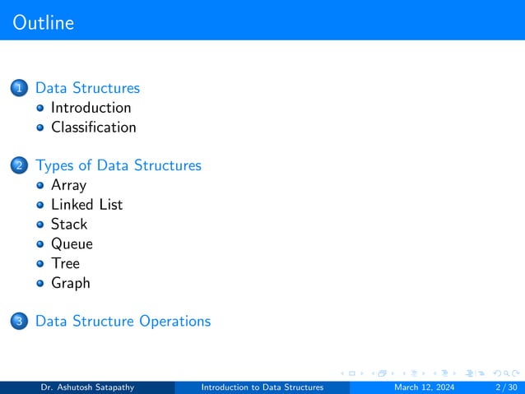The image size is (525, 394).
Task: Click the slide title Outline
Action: tap(44, 22)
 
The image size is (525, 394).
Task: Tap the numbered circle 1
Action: tap(19, 88)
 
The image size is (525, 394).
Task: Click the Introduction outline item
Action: tap(91, 108)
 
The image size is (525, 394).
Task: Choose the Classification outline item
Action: tap(93, 127)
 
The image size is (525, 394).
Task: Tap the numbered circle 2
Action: tap(19, 166)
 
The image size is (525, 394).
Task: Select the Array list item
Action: tap(68, 185)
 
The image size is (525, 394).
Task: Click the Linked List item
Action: tap(86, 204)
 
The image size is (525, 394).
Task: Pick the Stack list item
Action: tap(69, 224)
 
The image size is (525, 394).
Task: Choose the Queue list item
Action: tap(72, 243)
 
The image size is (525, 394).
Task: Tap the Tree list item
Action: tap(65, 263)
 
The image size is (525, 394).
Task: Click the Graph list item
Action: tap(71, 283)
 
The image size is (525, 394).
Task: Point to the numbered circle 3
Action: tap(19, 322)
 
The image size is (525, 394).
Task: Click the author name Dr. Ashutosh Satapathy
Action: tap(88, 387)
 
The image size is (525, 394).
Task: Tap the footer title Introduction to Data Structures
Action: tap(262, 387)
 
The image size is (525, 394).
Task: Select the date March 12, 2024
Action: tap(424, 387)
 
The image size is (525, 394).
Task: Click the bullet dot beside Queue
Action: tap(40, 244)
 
